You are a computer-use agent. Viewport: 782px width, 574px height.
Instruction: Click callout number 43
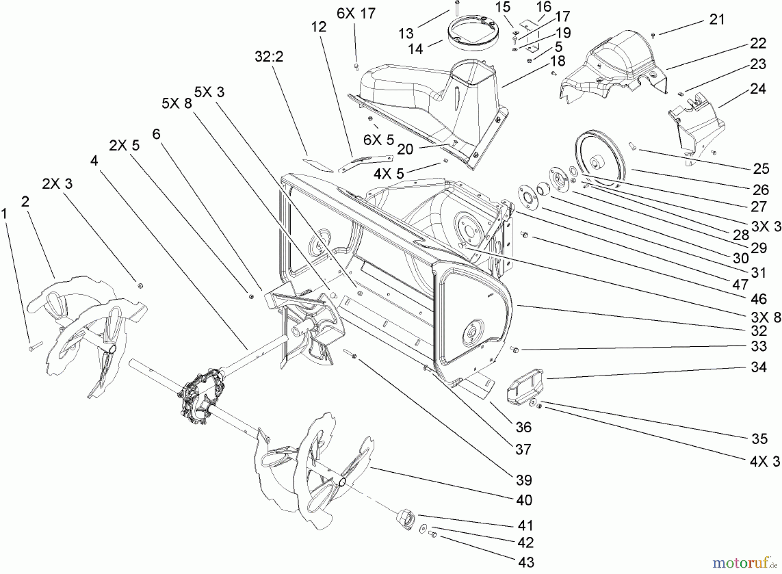[x=526, y=562]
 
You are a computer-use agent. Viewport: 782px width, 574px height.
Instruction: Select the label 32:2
[x=269, y=56]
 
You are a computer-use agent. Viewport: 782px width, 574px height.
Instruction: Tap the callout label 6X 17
[x=355, y=13]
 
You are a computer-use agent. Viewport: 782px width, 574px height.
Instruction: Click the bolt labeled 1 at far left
[x=34, y=346]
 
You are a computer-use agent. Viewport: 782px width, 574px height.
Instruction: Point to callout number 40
[x=524, y=500]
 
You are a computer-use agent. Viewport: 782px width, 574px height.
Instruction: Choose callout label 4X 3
[x=765, y=461]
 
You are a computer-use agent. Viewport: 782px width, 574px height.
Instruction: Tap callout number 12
[x=318, y=27]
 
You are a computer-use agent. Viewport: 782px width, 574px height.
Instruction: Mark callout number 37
[x=523, y=449]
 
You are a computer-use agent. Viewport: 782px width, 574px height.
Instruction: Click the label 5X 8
[x=177, y=103]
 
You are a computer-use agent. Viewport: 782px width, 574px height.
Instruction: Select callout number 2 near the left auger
[x=25, y=201]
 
